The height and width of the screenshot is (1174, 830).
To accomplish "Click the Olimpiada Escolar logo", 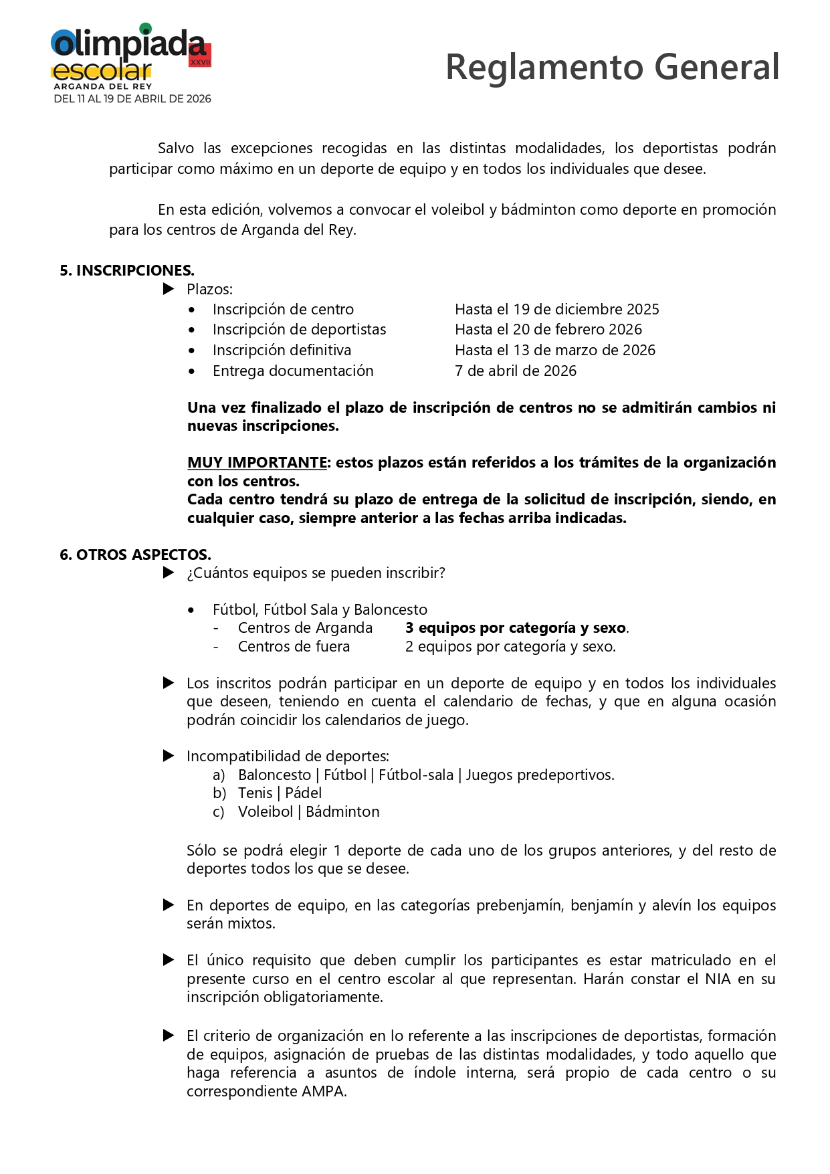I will (x=131, y=62).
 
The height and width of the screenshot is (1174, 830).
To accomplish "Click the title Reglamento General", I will (x=612, y=67).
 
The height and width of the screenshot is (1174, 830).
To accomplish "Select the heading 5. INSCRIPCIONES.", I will (x=127, y=270).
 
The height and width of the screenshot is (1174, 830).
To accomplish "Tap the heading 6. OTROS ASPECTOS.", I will (x=135, y=555).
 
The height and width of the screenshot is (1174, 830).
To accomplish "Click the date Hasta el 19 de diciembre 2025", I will (x=556, y=309).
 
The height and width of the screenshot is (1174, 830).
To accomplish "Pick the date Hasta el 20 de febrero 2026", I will (x=548, y=329).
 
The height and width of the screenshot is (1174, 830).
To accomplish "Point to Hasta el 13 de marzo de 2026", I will (x=554, y=350).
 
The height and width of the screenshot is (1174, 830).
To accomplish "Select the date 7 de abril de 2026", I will (x=515, y=371).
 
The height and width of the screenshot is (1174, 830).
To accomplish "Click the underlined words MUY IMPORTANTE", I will (x=257, y=462).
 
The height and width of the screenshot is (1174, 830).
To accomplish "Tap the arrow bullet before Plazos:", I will (x=169, y=289).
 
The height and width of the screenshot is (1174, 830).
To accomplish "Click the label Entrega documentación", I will (x=293, y=371).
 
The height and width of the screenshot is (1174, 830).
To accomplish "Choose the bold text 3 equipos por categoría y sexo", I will (x=516, y=627).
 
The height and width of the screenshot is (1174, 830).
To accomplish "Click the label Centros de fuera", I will (x=294, y=646).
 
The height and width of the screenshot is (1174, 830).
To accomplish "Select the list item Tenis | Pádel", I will (x=280, y=793).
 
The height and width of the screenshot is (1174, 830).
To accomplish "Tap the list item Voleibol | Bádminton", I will (x=308, y=811).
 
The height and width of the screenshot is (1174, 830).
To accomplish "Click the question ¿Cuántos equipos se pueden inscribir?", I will (x=316, y=573).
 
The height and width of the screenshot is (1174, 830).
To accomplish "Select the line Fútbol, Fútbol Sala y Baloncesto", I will (x=320, y=609).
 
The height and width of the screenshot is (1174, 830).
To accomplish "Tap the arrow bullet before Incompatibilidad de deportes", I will (x=169, y=756).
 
